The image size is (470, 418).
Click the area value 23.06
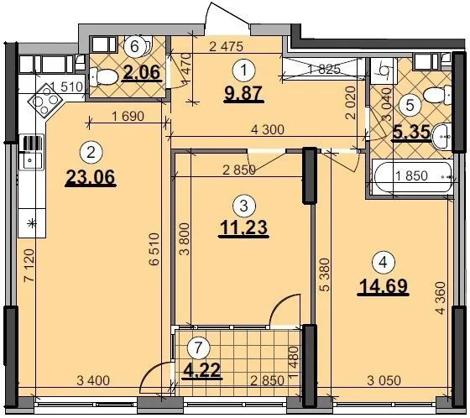91,177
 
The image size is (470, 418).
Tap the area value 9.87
243,93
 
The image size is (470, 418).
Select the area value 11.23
243,227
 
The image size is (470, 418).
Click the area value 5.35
412,133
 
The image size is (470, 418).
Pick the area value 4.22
203,370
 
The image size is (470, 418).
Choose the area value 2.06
142,72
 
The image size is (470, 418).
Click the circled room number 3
244,206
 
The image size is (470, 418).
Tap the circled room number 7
198,347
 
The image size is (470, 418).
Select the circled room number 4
384,263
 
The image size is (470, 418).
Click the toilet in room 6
103,76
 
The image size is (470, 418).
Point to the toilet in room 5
437,95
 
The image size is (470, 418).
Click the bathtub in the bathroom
412,176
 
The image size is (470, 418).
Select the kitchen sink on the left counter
30,161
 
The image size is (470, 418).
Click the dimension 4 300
268,129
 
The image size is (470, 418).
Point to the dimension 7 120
29,265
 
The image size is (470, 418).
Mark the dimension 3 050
384,380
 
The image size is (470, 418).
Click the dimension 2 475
226,46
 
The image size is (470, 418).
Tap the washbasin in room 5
441,137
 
